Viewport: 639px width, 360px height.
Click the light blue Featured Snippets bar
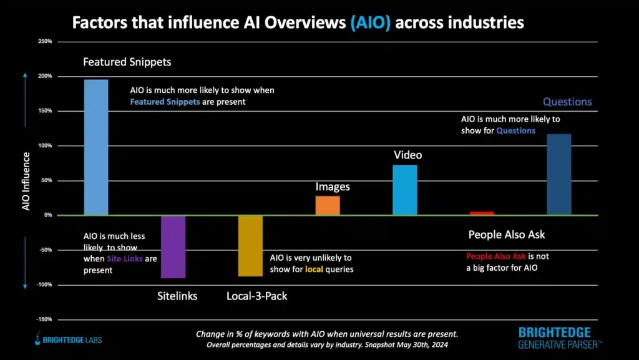tap(96, 147)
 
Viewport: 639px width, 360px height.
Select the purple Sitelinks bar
tap(173, 246)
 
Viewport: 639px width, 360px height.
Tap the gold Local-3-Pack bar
tap(250, 246)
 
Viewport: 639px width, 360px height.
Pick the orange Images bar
tap(328, 205)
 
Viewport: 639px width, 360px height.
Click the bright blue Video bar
tap(404, 190)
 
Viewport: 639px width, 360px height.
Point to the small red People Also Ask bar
tap(482, 213)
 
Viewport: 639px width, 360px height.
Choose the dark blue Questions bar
tap(559, 175)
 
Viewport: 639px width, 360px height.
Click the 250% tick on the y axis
tap(44, 42)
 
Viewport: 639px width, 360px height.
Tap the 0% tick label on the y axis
tap(47, 215)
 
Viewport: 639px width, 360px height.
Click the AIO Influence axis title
tap(26, 180)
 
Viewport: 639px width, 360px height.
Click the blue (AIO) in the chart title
tap(372, 23)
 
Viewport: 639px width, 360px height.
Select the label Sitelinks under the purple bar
tap(177, 296)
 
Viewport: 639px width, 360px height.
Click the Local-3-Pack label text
tap(256, 296)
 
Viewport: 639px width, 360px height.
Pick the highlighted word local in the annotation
tap(314, 269)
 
